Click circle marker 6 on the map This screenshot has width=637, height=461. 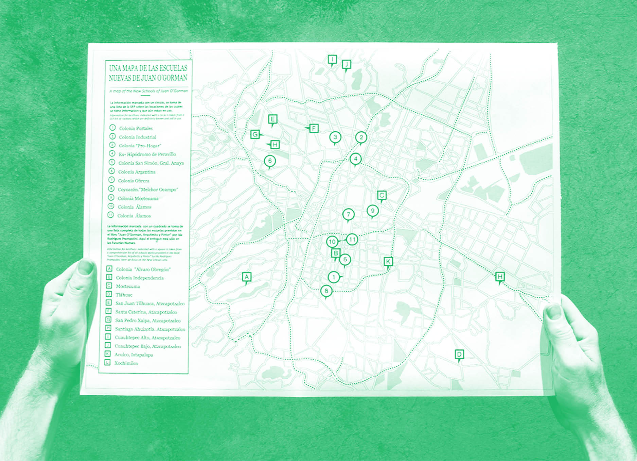(270, 161)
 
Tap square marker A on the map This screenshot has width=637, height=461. (247, 277)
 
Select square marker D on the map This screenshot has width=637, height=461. (459, 354)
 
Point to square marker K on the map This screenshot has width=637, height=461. (388, 261)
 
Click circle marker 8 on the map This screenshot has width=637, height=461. (326, 291)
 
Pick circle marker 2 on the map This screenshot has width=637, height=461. (361, 137)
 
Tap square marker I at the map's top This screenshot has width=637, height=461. (332, 60)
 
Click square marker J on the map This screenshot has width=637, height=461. (346, 64)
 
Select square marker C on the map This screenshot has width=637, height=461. (382, 195)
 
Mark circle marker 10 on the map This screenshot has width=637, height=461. (332, 242)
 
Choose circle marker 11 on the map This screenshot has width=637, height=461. (352, 240)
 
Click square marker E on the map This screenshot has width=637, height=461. (272, 119)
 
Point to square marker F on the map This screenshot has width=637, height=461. (314, 128)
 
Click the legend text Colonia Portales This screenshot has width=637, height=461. (136, 128)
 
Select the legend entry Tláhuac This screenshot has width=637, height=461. (124, 295)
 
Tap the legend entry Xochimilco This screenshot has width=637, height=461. (126, 363)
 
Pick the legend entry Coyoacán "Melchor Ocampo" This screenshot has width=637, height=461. (148, 190)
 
